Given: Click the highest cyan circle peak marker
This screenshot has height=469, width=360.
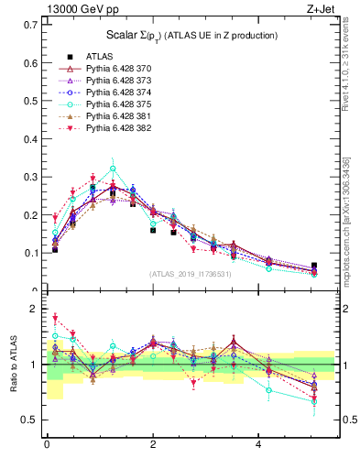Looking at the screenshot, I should point(113,169).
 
